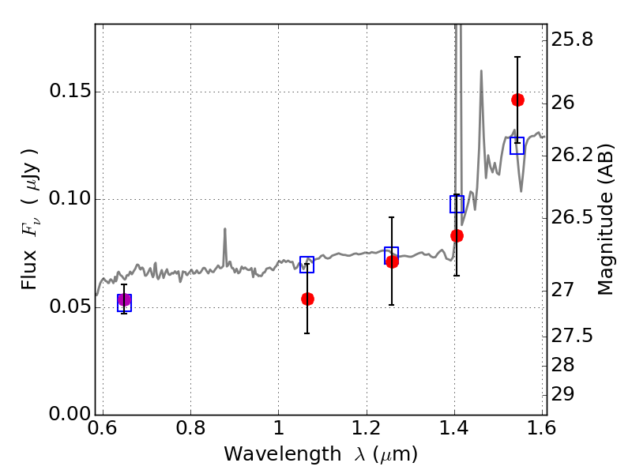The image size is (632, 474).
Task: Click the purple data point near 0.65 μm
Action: pyautogui.click(x=124, y=300)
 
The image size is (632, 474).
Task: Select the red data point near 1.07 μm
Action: pyautogui.click(x=307, y=299)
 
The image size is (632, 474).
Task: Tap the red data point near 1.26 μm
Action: pyautogui.click(x=392, y=262)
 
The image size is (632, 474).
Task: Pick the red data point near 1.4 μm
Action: pyautogui.click(x=457, y=235)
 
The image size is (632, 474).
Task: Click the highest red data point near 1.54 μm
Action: pyautogui.click(x=518, y=100)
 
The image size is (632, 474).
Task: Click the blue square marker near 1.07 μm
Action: pyautogui.click(x=307, y=265)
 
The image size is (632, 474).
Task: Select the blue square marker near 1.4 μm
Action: pyautogui.click(x=457, y=204)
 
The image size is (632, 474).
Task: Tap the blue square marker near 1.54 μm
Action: pyautogui.click(x=517, y=145)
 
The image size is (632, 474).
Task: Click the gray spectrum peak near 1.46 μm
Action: pyautogui.click(x=481, y=72)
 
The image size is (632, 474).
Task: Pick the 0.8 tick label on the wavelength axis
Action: pyautogui.click(x=190, y=428)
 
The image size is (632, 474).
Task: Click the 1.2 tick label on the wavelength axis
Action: pyautogui.click(x=367, y=428)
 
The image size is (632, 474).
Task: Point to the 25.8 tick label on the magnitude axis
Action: pyautogui.click(x=572, y=39)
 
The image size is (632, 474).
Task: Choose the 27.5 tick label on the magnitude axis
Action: pyautogui.click(x=572, y=335)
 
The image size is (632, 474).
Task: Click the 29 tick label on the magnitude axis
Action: pyautogui.click(x=562, y=393)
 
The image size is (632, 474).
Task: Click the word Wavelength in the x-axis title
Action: pyautogui.click(x=283, y=454)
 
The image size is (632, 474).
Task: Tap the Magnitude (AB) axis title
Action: pyautogui.click(x=605, y=220)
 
